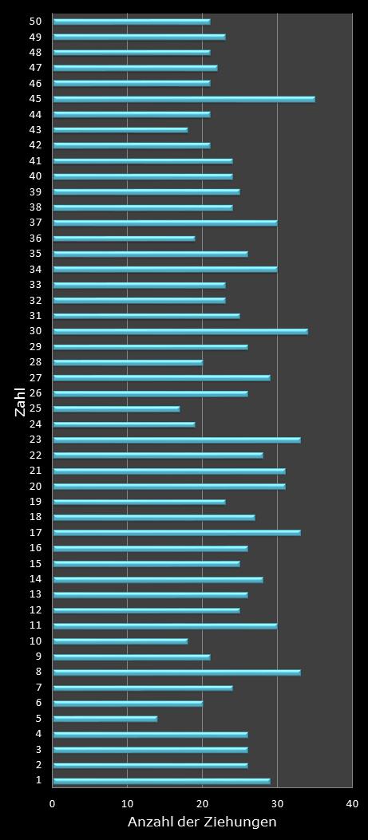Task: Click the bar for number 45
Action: pyautogui.click(x=184, y=99)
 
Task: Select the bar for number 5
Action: pyautogui.click(x=105, y=719)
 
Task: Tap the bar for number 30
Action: pyautogui.click(x=180, y=331)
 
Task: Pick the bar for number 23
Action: pyautogui.click(x=176, y=440)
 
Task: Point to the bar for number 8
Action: pyautogui.click(x=176, y=672)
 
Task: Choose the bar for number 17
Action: pyautogui.click(x=176, y=533)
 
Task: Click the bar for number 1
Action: pyautogui.click(x=161, y=781)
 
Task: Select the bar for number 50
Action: pyautogui.click(x=131, y=22)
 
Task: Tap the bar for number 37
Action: pyautogui.click(x=164, y=223)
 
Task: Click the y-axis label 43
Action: pyautogui.click(x=35, y=130)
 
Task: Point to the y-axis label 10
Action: pyautogui.click(x=35, y=641)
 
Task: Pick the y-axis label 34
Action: pyautogui.click(x=35, y=270)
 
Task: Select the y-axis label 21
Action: pyautogui.click(x=35, y=471)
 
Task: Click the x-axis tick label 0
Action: pyautogui.click(x=53, y=804)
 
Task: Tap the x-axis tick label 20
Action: pyautogui.click(x=202, y=804)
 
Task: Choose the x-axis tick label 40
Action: pyautogui.click(x=351, y=804)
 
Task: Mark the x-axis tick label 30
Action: pyautogui.click(x=277, y=804)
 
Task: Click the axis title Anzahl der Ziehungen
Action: pyautogui.click(x=202, y=822)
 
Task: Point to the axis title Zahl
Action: pyautogui.click(x=20, y=400)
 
